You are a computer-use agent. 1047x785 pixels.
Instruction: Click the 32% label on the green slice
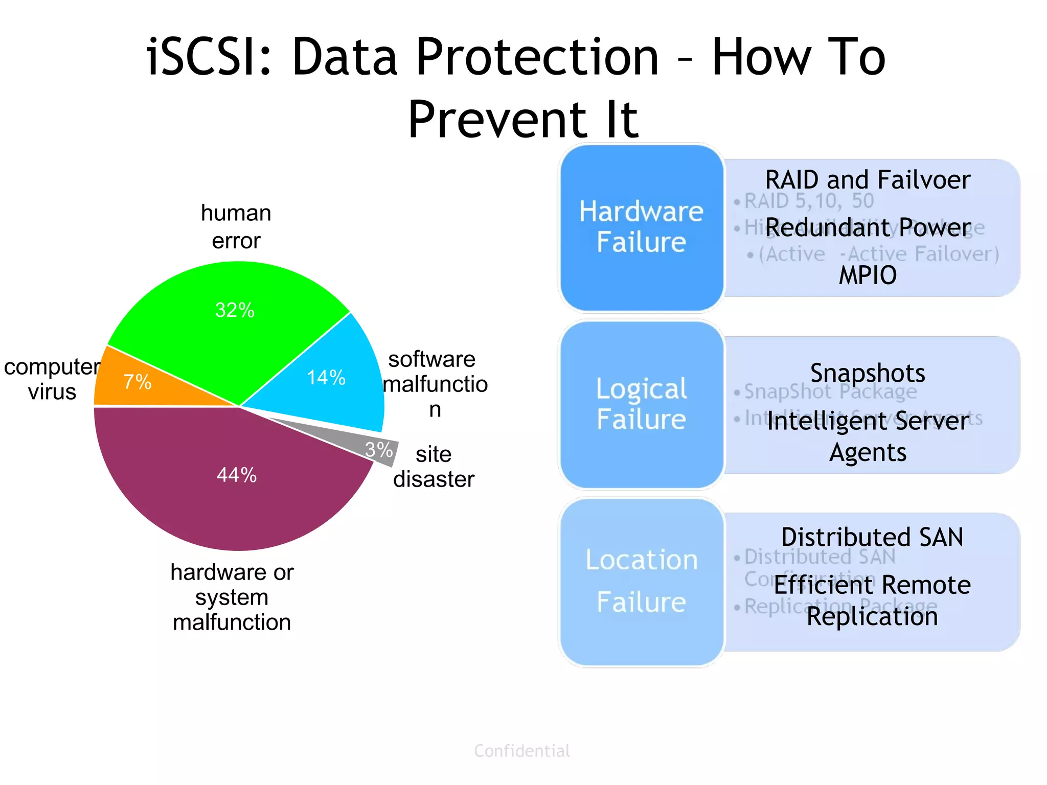pyautogui.click(x=235, y=310)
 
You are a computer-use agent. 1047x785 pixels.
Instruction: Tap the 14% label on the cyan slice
pyautogui.click(x=326, y=378)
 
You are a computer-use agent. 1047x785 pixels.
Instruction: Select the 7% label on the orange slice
pyautogui.click(x=138, y=382)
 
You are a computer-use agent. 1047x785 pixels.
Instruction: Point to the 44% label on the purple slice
pyautogui.click(x=237, y=475)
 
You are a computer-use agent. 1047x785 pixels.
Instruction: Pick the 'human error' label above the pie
pyautogui.click(x=236, y=226)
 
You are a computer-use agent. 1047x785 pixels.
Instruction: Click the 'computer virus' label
pyautogui.click(x=52, y=379)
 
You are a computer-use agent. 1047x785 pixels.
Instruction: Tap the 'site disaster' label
pyautogui.click(x=434, y=467)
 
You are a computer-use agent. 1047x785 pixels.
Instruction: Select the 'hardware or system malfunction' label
pyautogui.click(x=232, y=597)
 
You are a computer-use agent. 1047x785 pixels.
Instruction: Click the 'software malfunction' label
pyautogui.click(x=435, y=384)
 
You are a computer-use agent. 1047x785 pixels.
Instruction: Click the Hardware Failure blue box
pyautogui.click(x=641, y=227)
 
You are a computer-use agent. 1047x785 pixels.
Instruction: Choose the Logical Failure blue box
pyautogui.click(x=641, y=404)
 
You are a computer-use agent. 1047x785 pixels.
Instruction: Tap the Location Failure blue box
pyautogui.click(x=641, y=581)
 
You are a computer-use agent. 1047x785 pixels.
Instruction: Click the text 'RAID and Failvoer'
pyautogui.click(x=868, y=180)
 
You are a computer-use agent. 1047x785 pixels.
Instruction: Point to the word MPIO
pyautogui.click(x=868, y=275)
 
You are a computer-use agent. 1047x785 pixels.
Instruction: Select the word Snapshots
pyautogui.click(x=868, y=373)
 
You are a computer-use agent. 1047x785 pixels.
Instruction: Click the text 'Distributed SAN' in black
pyautogui.click(x=872, y=537)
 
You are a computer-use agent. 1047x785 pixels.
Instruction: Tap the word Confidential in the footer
pyautogui.click(x=521, y=751)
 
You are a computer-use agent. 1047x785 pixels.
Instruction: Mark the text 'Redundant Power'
pyautogui.click(x=868, y=227)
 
